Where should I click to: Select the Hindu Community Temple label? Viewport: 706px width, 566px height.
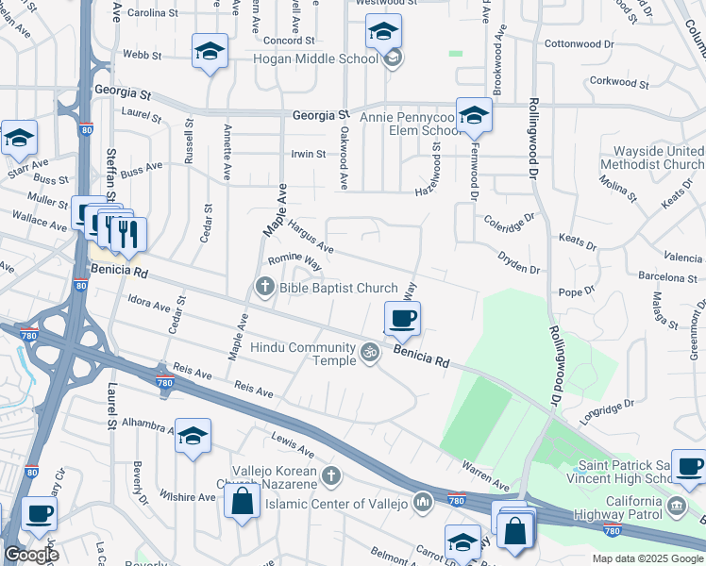pos(302,354)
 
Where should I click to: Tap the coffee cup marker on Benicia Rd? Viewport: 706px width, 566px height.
pos(402,319)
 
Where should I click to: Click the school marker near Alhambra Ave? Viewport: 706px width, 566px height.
pos(193,436)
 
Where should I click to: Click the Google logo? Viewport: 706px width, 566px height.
pos(32,556)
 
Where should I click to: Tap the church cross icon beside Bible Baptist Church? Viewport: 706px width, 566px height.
pos(265,286)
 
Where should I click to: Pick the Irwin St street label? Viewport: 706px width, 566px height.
pos(308,154)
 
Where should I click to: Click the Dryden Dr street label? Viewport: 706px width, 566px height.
pos(519,262)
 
